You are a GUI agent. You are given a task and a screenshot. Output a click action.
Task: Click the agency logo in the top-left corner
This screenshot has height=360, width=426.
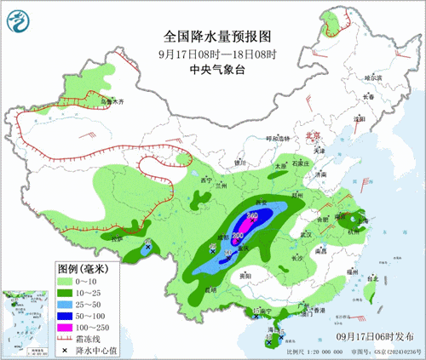(x=19, y=19)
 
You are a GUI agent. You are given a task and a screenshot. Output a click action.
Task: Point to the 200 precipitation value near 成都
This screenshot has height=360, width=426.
(x=236, y=234)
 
